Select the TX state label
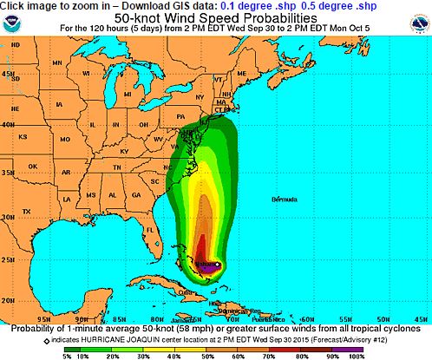pyautogui.click(x=27, y=211)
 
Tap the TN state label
pyautogui.click(x=116, y=166)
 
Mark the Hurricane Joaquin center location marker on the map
pyautogui.click(x=219, y=265)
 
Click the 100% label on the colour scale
pyautogui.click(x=357, y=356)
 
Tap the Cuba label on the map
pyautogui.click(x=183, y=291)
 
